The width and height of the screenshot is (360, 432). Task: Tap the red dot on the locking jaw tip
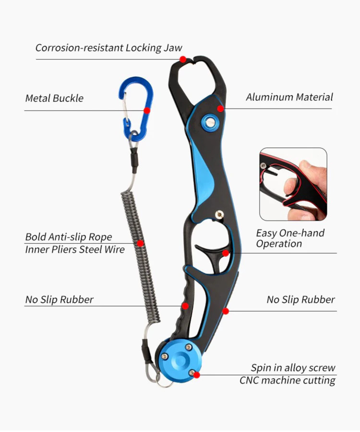click(x=183, y=59)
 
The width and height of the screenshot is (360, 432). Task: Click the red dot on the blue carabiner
click(x=147, y=111)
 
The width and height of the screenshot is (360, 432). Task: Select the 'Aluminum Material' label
click(x=289, y=97)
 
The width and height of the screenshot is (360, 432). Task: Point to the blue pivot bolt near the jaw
click(x=209, y=123)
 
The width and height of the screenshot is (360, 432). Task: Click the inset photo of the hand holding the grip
click(x=293, y=184)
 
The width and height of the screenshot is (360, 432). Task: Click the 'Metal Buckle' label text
click(x=54, y=99)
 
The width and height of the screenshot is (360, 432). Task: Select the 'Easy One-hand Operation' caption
click(x=290, y=238)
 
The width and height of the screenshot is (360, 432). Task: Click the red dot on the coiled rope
click(x=140, y=243)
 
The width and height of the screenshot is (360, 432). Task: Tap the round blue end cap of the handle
click(x=179, y=360)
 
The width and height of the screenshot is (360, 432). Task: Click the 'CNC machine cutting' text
click(x=288, y=381)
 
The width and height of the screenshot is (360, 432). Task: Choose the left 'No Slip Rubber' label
click(x=60, y=300)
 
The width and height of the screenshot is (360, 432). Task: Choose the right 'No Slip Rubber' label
click(x=301, y=300)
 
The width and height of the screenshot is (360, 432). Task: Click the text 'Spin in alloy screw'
click(x=293, y=368)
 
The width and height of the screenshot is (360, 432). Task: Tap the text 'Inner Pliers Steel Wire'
click(x=75, y=249)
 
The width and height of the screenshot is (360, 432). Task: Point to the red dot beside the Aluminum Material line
click(x=220, y=109)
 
